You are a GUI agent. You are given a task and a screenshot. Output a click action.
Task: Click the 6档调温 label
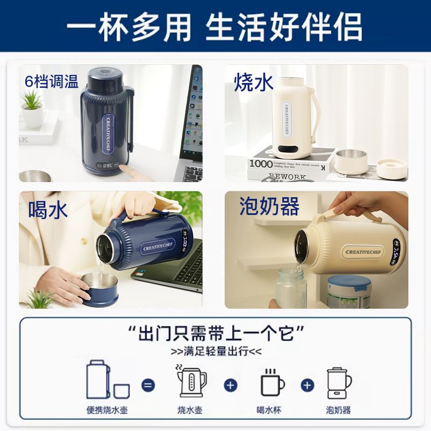click(x=51, y=81)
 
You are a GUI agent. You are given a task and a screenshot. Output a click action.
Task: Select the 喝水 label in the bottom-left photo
click(x=48, y=210)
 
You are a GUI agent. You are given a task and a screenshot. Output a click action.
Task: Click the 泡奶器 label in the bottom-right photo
click(x=269, y=206)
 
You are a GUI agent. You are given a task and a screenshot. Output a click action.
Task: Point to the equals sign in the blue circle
click(x=148, y=385)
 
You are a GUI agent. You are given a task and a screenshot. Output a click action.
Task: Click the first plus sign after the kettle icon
click(x=231, y=385)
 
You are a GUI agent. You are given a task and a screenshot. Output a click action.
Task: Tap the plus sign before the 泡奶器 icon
click(x=307, y=385)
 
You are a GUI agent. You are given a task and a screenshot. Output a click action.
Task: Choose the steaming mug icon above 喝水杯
click(x=272, y=383)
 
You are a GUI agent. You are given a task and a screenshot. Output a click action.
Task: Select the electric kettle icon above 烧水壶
click(x=191, y=381)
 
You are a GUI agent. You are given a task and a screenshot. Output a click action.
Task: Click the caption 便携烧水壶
click(x=108, y=410)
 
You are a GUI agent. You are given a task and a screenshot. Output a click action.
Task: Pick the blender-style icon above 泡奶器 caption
click(x=339, y=383)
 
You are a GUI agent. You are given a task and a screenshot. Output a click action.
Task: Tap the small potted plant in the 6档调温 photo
click(x=32, y=108)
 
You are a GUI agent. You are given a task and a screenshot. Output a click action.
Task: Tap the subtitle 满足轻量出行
click(x=215, y=352)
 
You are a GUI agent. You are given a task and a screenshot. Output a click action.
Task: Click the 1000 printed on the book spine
click(x=262, y=164)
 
